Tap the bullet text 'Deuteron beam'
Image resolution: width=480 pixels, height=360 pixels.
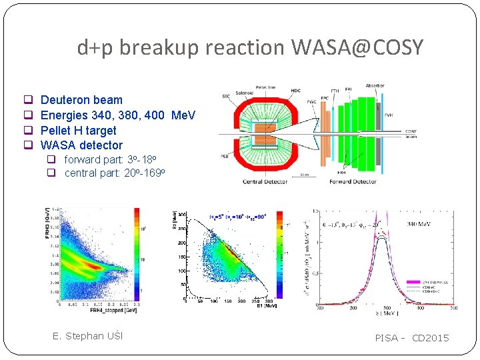pyautogui.click(x=81, y=100)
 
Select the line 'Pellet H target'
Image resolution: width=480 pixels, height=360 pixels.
pyautogui.click(x=78, y=131)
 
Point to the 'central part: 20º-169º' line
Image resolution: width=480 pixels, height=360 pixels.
pyautogui.click(x=114, y=173)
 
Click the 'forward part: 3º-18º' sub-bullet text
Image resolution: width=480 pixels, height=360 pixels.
pyautogui.click(x=110, y=159)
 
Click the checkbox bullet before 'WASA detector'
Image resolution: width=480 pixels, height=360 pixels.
pyautogui.click(x=29, y=145)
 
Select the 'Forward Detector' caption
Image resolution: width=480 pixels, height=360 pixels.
pyautogui.click(x=353, y=181)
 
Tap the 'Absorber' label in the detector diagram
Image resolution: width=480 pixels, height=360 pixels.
pyautogui.click(x=375, y=86)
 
